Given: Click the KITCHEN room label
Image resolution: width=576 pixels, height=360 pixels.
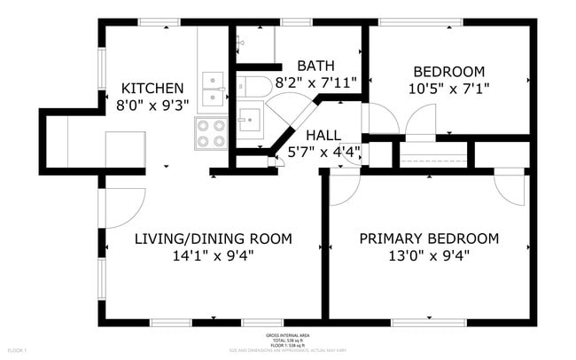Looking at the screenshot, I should [152, 89].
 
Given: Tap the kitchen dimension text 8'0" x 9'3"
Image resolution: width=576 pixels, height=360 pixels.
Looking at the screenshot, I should [152, 106].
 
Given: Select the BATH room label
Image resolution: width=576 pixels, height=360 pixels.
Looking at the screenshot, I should [315, 66].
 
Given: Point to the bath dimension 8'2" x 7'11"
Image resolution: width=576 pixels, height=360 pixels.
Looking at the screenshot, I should [315, 82].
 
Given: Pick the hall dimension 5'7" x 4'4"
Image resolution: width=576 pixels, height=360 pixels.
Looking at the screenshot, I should [325, 152].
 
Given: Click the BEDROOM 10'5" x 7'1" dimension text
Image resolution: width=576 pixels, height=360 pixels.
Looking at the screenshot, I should [448, 89].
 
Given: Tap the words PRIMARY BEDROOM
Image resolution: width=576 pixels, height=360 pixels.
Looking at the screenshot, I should [428, 239].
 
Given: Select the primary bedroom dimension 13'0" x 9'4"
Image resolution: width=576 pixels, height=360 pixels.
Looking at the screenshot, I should [428, 256].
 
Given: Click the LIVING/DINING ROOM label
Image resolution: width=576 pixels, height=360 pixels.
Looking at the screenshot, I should [213, 239].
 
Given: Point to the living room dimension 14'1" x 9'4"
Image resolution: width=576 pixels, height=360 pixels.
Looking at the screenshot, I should [213, 256].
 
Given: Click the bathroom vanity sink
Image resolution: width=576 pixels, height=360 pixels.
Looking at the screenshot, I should [249, 119].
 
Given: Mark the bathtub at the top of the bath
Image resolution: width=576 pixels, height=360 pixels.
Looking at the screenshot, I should [255, 43].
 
